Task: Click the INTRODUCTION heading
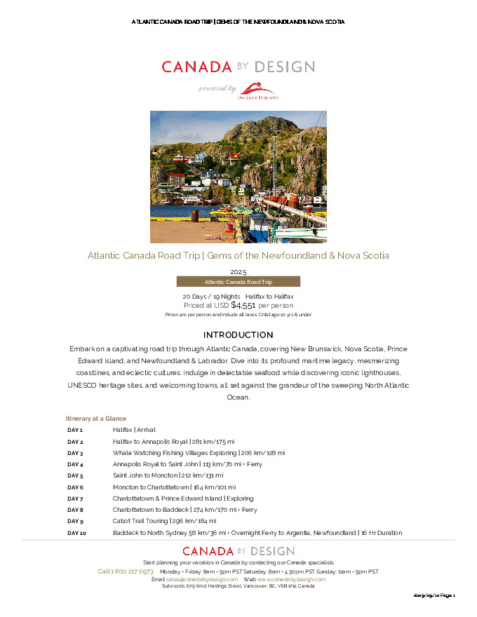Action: tap(238, 335)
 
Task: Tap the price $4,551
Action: tap(243, 305)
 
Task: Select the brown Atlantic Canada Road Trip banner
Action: tap(238, 281)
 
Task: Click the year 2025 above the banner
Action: tap(238, 271)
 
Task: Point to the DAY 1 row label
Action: tap(75, 430)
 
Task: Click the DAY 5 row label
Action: tap(75, 475)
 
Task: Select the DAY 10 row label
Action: tap(76, 533)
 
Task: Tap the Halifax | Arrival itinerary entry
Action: tap(134, 430)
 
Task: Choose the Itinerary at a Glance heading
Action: tap(96, 418)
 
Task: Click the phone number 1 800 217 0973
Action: tap(126, 571)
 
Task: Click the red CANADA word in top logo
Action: tap(196, 67)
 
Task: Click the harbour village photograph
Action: tap(238, 177)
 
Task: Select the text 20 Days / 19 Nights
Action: tap(211, 297)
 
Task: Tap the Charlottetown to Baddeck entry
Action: tap(184, 510)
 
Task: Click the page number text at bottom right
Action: tap(435, 595)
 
